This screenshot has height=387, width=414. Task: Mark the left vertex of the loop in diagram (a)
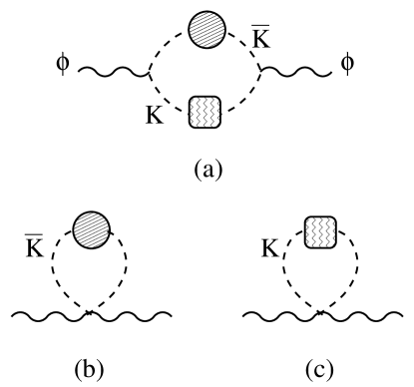[149, 72]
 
